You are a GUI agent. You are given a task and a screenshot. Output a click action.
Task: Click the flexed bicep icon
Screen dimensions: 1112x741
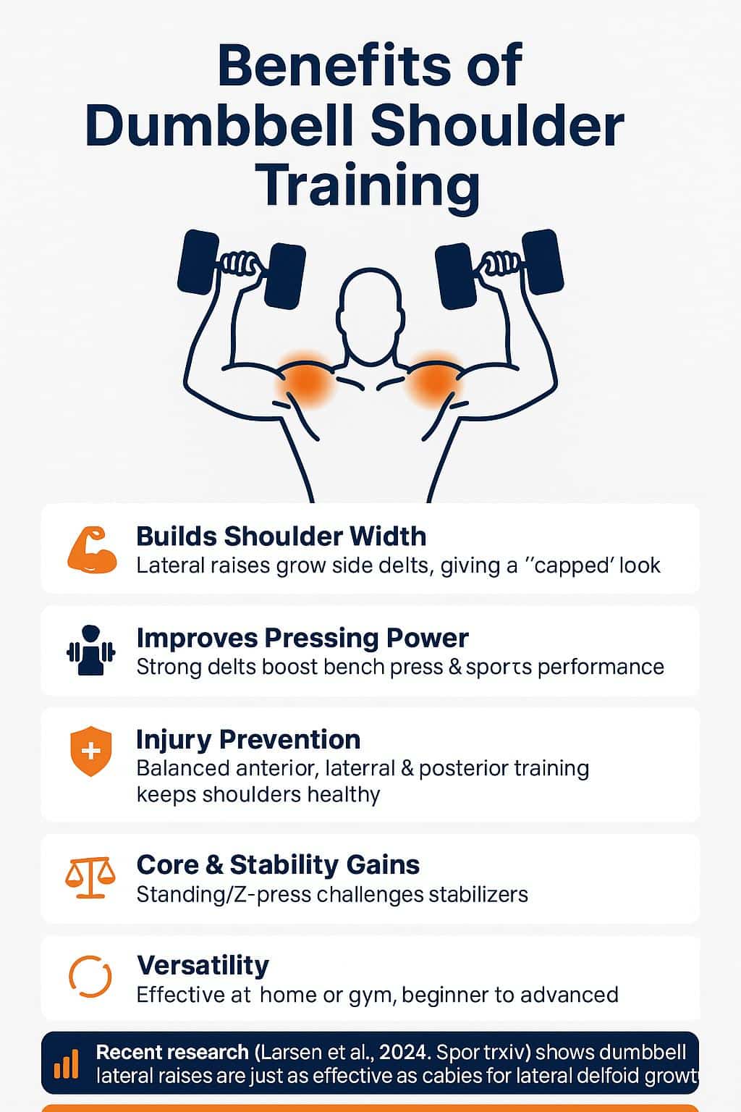(x=92, y=551)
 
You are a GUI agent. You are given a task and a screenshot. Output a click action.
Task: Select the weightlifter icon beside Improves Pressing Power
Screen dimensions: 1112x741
(x=91, y=651)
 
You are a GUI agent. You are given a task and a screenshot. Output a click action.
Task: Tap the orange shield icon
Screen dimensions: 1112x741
(x=91, y=751)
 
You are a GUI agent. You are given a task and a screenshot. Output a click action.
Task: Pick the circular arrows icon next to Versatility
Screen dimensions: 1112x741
(x=90, y=977)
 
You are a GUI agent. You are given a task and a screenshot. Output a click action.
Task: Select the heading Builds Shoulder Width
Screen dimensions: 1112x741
(x=281, y=536)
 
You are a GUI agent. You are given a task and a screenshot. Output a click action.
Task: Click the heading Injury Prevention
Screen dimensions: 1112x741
(x=248, y=739)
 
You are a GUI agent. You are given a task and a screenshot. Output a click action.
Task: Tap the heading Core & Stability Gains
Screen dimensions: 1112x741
(x=278, y=864)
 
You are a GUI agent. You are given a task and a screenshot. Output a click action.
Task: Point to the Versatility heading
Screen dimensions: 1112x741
(x=203, y=965)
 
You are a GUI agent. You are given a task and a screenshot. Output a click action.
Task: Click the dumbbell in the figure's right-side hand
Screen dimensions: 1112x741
(x=499, y=266)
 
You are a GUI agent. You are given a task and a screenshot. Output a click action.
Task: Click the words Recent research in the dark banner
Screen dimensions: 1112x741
(x=172, y=1052)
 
